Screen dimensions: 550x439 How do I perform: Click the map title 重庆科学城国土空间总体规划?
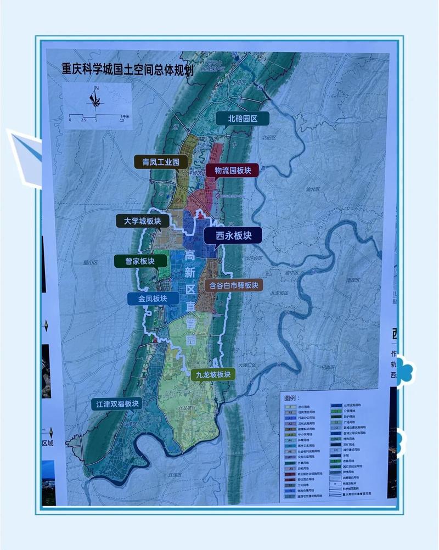point(127,69)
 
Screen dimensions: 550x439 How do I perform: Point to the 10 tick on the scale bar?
point(121,120)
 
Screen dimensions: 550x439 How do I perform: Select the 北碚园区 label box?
point(243,118)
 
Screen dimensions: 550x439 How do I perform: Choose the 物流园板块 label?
point(232,171)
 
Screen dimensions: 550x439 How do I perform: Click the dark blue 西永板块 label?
point(233,235)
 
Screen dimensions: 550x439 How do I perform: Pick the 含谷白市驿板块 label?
point(234,285)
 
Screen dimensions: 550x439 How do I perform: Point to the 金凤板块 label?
point(153,299)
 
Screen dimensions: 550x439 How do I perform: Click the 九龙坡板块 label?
point(212,374)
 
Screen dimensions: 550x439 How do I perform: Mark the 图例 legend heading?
point(290,396)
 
